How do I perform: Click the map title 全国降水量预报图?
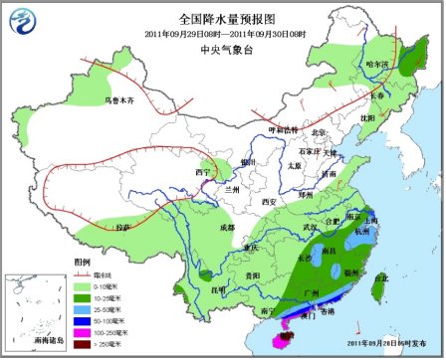click(222, 19)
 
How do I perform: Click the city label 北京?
click(319, 132)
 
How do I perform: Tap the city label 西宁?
click(203, 172)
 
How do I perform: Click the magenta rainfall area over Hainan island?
click(286, 337)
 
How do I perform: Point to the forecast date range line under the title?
click(222, 34)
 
